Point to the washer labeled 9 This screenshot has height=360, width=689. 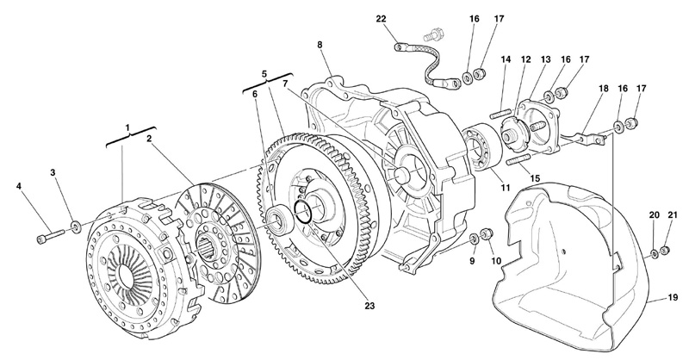(475, 236)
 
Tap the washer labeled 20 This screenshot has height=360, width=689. (654, 251)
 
